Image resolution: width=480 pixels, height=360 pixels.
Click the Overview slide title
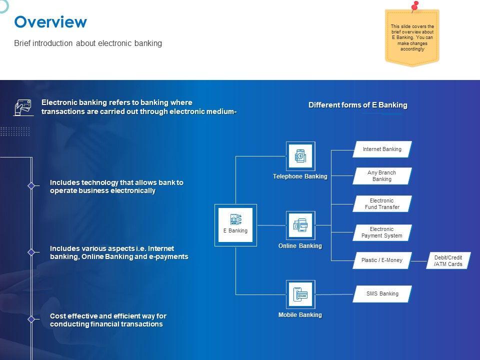coord(50,22)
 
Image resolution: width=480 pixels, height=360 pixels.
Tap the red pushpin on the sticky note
coord(414,6)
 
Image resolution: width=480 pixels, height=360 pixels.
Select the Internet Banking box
coord(382,149)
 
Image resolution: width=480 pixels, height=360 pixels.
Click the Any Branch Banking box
coord(382,176)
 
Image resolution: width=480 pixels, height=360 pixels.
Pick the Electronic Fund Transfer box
coord(382,204)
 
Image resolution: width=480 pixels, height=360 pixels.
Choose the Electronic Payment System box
coord(382,232)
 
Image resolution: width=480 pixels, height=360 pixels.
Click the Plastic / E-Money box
coord(382,260)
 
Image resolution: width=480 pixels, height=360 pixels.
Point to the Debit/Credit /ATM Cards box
coord(448,261)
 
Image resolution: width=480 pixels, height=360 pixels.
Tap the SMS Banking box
coord(382,294)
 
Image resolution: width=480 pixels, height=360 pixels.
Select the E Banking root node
coord(235,225)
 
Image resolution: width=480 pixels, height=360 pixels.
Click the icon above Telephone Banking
coord(300,156)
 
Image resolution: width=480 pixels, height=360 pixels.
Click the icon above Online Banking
coord(300,225)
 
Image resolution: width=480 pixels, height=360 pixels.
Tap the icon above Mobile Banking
coord(300,294)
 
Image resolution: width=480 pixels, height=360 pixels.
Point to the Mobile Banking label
coord(300,315)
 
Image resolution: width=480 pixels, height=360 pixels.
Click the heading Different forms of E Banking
coord(358,105)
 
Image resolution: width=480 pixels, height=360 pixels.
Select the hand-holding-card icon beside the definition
coord(23,107)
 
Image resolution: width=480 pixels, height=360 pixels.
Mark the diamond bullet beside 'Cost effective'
coord(31,319)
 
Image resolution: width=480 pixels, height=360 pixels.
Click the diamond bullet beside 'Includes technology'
coord(31,186)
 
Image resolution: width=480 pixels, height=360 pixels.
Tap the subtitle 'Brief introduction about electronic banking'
coord(88,43)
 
